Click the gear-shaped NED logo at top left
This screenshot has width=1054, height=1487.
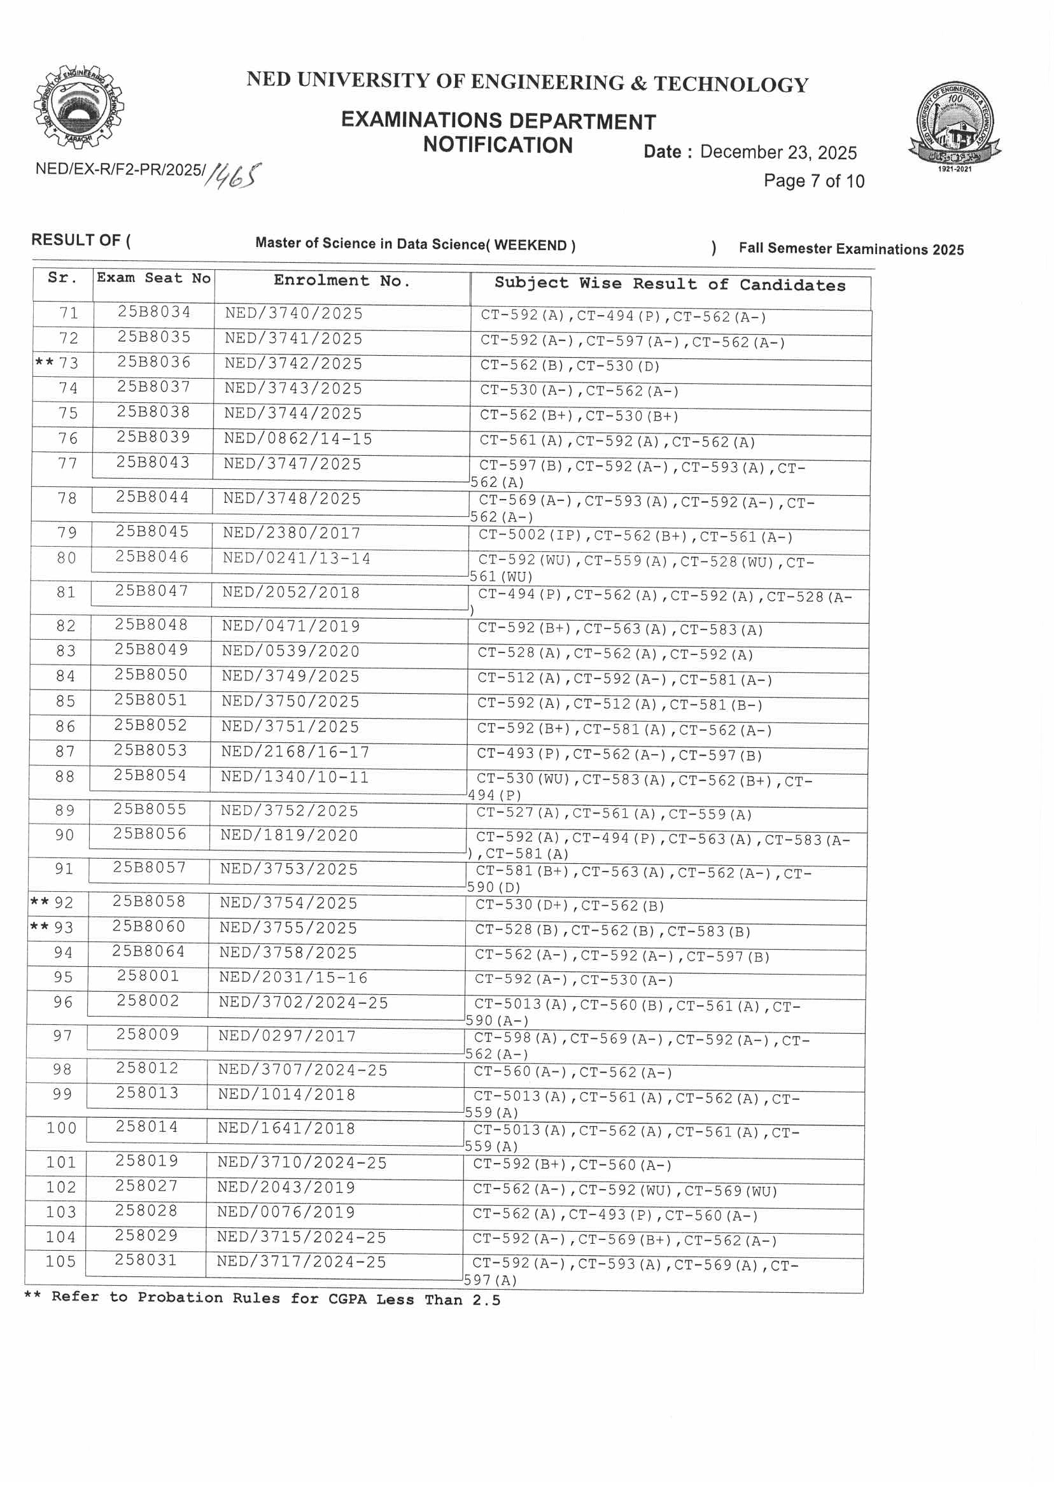point(78,106)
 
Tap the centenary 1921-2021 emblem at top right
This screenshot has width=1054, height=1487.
point(954,126)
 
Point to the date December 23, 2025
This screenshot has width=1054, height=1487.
point(778,153)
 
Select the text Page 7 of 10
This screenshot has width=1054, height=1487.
point(814,181)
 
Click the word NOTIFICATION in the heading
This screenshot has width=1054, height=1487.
point(498,145)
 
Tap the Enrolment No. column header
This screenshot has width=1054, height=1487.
point(342,281)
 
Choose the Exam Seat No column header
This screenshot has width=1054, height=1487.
point(154,278)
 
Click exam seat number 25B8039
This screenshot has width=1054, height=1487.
point(153,437)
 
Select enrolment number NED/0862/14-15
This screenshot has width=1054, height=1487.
point(298,439)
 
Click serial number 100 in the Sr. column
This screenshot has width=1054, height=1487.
point(62,1128)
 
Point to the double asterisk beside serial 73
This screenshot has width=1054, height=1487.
point(44,362)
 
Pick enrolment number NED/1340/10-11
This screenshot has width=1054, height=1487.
point(295,777)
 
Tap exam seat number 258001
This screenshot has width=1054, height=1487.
point(148,976)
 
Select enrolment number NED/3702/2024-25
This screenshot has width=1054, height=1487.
point(303,1003)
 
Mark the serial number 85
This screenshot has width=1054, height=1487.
point(66,701)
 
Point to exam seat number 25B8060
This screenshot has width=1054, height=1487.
point(149,926)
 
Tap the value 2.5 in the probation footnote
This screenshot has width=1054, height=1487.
point(486,1299)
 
